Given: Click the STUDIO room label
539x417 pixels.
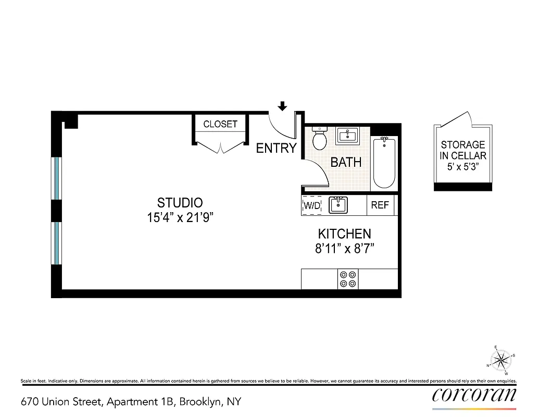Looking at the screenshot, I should click(180, 202).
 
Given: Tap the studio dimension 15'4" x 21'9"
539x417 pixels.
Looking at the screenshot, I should click(180, 217).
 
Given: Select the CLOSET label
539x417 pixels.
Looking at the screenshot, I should click(220, 124).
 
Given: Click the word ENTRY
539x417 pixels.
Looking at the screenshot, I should click(276, 148).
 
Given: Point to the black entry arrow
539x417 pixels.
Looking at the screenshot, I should click(282, 106).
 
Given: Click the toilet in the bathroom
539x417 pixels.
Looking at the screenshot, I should click(319, 139).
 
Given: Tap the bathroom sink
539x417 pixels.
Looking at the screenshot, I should click(347, 137).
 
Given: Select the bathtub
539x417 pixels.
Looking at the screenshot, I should click(384, 163).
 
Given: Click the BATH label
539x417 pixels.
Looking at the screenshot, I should click(346, 162).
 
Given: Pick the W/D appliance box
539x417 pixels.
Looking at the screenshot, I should click(312, 205).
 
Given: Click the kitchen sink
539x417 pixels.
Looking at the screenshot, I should click(339, 205).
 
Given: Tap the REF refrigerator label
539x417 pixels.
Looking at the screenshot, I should click(380, 205).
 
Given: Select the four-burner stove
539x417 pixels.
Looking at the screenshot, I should click(348, 278).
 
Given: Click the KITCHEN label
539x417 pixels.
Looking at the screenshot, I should click(345, 234).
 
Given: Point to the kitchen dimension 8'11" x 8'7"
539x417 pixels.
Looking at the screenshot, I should click(345, 249).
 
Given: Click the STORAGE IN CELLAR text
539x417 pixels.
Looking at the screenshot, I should click(463, 150).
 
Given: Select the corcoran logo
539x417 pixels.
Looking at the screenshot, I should click(474, 395).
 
